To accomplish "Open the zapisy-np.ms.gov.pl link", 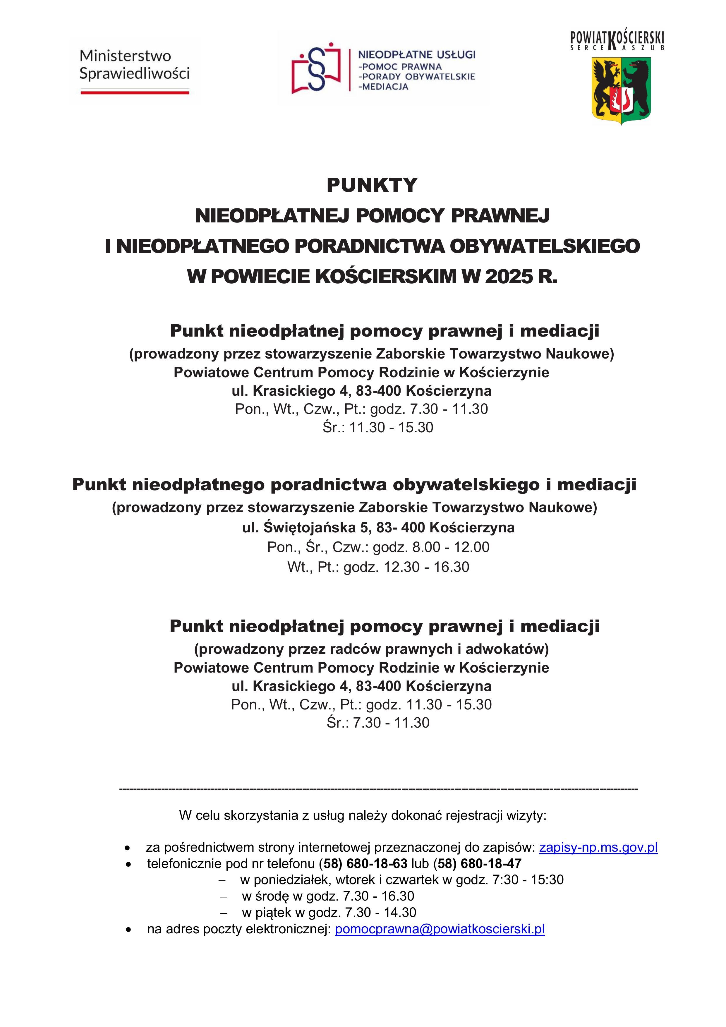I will [x=598, y=847].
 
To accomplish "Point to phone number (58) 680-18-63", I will [x=363, y=863].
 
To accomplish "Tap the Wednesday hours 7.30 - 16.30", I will [x=378, y=896].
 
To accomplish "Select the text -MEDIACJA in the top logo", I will [x=384, y=87].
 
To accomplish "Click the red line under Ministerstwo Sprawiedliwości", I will [x=135, y=92].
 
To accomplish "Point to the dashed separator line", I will [x=378, y=789].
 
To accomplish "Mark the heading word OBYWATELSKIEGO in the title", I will [x=545, y=246].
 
